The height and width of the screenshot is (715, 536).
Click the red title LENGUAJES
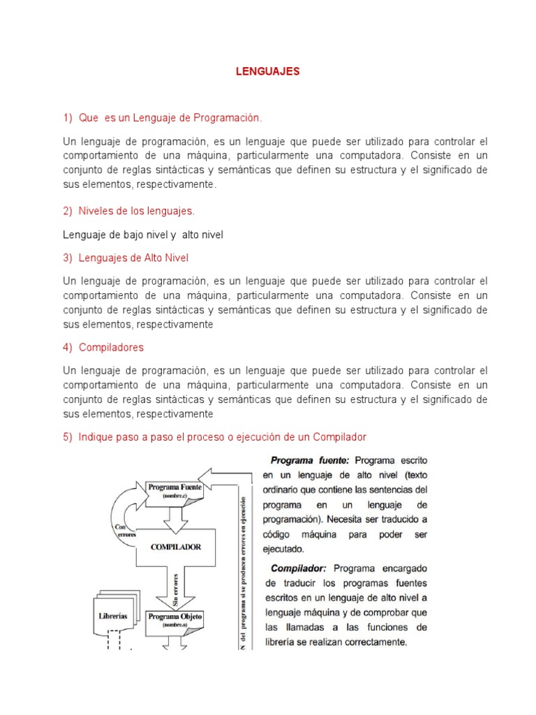[267, 72]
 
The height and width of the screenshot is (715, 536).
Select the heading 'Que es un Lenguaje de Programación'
[170, 119]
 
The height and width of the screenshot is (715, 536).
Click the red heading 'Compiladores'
[112, 346]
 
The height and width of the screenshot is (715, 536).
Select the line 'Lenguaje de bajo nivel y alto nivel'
[143, 235]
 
